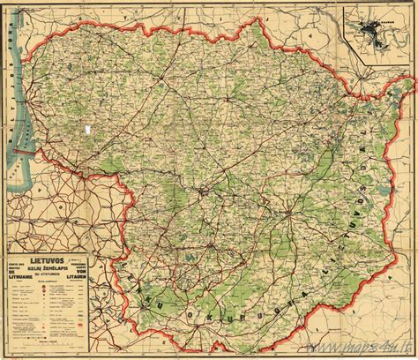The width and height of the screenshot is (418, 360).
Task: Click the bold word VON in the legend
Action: (x=101, y=270)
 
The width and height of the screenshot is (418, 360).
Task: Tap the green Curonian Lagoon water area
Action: (x=19, y=141)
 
